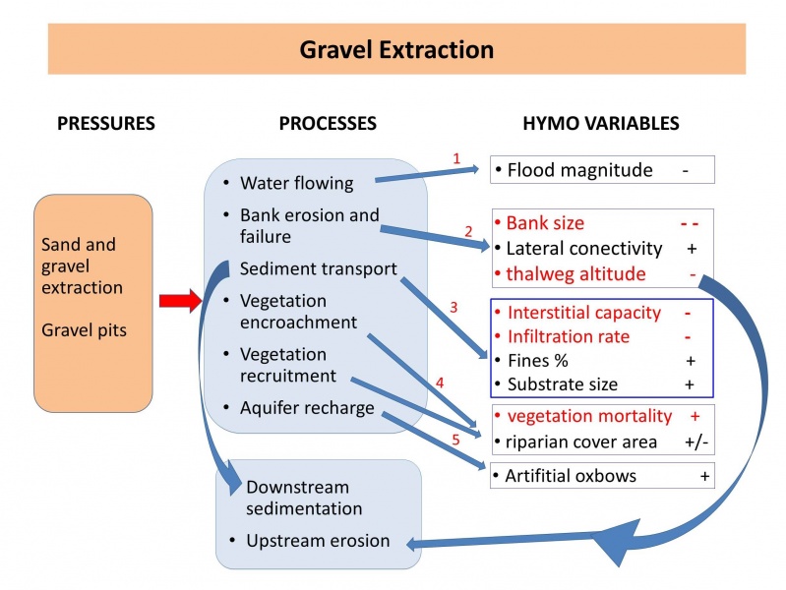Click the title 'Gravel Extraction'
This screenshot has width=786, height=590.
[396, 49]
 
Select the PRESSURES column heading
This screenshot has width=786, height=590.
[106, 124]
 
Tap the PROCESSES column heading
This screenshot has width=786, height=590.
[328, 124]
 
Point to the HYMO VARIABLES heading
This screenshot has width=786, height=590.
[600, 124]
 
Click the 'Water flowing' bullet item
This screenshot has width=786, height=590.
[296, 183]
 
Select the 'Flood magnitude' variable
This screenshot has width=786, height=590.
[579, 170]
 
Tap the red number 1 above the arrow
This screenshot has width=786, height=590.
[455, 157]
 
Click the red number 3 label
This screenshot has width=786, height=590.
[453, 307]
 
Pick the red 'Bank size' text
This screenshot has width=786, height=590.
[544, 223]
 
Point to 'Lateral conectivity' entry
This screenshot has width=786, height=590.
[583, 249]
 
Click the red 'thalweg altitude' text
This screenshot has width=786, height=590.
[575, 274]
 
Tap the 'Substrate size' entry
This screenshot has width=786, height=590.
[563, 383]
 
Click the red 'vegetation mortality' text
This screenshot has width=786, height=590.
[588, 416]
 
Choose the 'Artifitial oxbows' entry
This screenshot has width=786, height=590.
[571, 476]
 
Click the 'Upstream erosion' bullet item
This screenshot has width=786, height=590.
[318, 541]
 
